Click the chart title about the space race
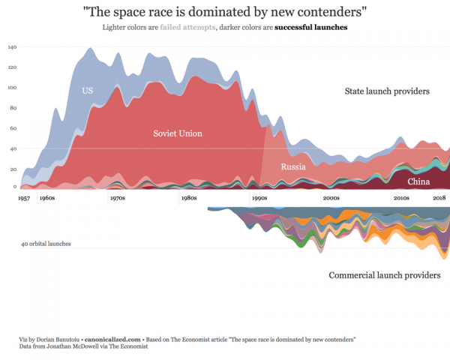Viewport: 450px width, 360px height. [224, 12]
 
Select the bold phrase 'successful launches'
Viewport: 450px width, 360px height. [310, 28]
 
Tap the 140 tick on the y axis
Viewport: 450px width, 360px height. [12, 46]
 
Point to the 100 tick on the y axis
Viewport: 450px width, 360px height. [12, 87]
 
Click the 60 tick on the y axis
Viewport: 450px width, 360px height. [13, 128]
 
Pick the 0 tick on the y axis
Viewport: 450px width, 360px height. [15, 186]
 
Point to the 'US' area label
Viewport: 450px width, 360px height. [88, 91]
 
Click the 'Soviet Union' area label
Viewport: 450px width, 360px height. [178, 133]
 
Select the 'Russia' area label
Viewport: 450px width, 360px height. [293, 166]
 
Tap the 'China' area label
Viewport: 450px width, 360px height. [418, 181]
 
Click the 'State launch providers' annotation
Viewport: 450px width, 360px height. [386, 91]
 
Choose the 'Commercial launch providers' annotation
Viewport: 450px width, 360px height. [384, 275]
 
